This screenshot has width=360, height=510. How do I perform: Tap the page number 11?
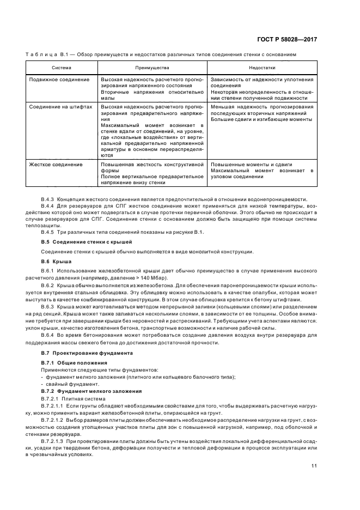(x=314, y=465)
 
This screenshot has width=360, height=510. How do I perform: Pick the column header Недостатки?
(x=261, y=68)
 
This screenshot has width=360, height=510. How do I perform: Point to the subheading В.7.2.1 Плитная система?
(x=71, y=398)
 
